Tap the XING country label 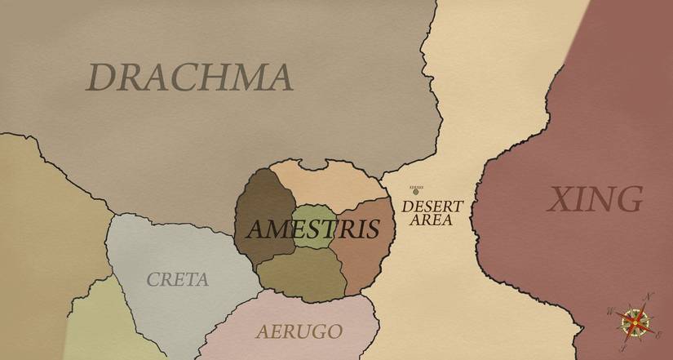click(x=594, y=199)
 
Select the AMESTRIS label click(x=312, y=229)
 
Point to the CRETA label click(x=177, y=279)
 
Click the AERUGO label click(x=299, y=331)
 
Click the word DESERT click(x=432, y=207)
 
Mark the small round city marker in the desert click(x=415, y=192)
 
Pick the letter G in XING click(x=628, y=199)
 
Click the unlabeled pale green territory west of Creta click(x=90, y=327)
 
